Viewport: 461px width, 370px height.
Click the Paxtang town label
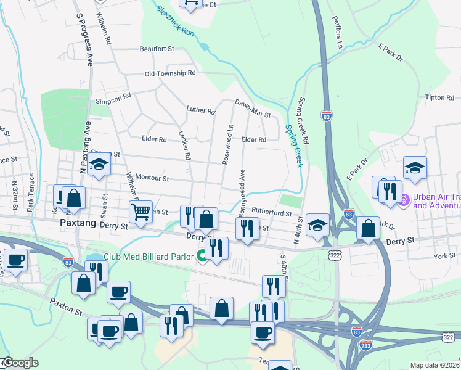click(78, 224)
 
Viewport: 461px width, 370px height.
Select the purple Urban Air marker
click(404, 200)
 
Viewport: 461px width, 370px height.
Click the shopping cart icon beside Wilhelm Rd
click(141, 212)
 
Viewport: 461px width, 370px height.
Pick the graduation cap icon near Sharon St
click(98, 165)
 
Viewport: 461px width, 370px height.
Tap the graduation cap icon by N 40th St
click(317, 224)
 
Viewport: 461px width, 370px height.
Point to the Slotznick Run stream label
click(176, 18)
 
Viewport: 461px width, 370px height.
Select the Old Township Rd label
click(169, 73)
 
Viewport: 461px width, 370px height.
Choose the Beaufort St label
click(157, 49)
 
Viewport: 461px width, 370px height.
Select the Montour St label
click(152, 179)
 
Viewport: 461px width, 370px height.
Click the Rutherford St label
click(272, 213)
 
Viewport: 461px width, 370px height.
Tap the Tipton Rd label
click(439, 97)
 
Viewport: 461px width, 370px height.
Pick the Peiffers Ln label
click(337, 33)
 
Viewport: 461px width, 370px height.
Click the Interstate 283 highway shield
click(365, 345)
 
